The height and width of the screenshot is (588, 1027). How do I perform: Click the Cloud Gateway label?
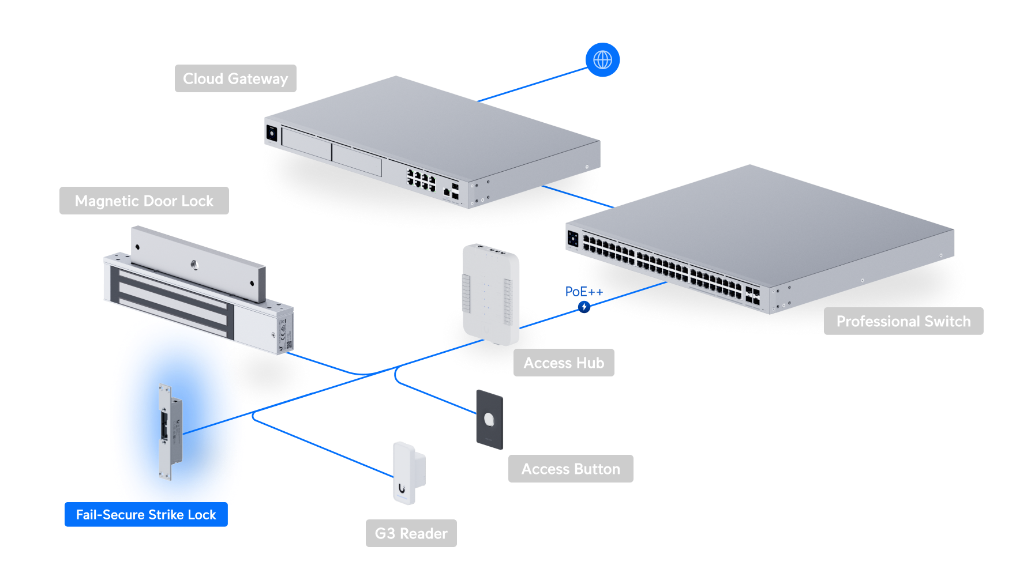tap(235, 78)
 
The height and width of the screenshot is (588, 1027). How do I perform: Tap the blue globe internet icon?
tap(602, 60)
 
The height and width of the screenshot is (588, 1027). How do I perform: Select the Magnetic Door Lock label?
tap(144, 201)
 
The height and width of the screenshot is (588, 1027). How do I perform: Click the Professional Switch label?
tap(903, 321)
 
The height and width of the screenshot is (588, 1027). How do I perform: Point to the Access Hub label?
tap(564, 363)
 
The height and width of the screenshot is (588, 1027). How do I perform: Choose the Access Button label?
tap(571, 469)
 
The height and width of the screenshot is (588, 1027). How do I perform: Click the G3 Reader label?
tap(411, 533)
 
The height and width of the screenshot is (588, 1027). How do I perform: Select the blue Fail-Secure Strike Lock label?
tap(146, 514)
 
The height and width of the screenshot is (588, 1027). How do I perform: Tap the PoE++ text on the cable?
tap(583, 292)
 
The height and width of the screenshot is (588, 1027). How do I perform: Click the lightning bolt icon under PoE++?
tap(584, 307)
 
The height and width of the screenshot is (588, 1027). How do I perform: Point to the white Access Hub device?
tap(490, 294)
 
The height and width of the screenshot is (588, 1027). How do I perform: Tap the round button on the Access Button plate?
tap(489, 420)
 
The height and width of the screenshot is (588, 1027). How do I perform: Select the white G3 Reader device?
tap(408, 473)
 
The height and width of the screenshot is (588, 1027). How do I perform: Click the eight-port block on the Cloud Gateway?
tap(421, 180)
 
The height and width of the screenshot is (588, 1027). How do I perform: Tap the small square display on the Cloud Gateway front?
tap(272, 133)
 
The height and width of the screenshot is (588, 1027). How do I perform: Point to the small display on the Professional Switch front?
tap(573, 238)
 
